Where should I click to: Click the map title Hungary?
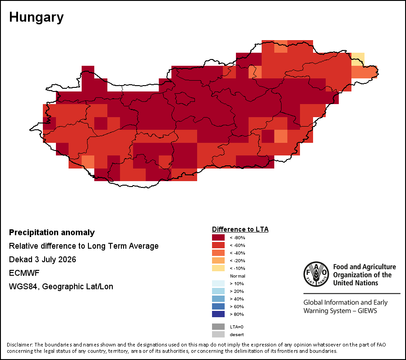(36, 18)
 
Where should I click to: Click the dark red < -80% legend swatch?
(218, 237)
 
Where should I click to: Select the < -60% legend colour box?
(218, 245)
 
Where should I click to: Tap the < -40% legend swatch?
(218, 253)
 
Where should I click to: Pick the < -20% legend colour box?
(218, 260)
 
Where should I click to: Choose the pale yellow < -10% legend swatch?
(218, 268)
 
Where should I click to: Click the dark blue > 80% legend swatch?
(218, 314)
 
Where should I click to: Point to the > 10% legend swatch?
(218, 283)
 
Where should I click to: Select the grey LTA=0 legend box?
(218, 327)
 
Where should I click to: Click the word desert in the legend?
(237, 335)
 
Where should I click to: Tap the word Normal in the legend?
(237, 276)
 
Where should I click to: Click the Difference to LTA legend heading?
(240, 229)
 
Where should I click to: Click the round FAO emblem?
(316, 274)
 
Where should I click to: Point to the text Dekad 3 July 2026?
(42, 260)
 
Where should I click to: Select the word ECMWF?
(24, 273)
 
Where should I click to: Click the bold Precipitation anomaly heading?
(52, 232)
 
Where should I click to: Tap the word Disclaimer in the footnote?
(20, 345)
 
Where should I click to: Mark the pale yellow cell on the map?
(358, 59)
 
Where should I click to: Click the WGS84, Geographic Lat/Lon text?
(61, 287)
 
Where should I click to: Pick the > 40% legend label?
(237, 299)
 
